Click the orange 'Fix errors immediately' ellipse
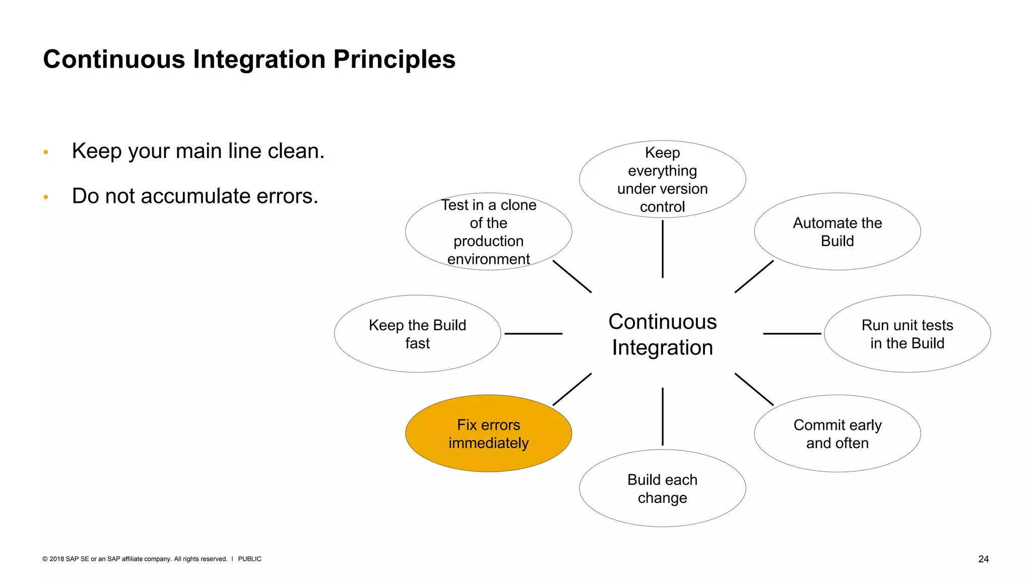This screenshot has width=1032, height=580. click(x=488, y=433)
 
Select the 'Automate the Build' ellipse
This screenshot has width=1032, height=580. click(x=837, y=232)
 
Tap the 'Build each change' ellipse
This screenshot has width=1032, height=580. click(x=662, y=488)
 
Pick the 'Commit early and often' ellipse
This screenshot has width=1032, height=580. click(x=837, y=433)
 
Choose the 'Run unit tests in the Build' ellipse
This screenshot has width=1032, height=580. click(x=907, y=334)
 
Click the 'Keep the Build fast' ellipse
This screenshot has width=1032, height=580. click(x=417, y=334)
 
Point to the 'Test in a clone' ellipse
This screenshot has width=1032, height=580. click(x=488, y=232)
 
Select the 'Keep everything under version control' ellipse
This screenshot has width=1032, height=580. click(x=662, y=179)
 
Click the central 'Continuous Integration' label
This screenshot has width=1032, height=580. click(x=662, y=334)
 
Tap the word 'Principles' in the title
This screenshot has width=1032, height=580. click(x=394, y=59)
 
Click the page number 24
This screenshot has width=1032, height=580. click(x=983, y=559)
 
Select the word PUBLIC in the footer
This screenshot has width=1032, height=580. click(x=249, y=559)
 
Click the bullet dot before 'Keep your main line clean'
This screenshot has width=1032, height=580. click(x=46, y=152)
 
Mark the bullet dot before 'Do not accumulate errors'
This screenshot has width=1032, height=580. click(x=46, y=197)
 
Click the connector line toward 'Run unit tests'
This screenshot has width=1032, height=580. click(x=792, y=333)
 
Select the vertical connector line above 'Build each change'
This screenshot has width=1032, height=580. click(x=662, y=416)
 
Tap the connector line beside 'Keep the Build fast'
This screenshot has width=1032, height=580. click(x=533, y=333)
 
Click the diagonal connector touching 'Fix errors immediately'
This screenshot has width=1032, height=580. click(x=572, y=389)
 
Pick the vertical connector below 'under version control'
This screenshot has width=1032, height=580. click(x=662, y=249)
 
